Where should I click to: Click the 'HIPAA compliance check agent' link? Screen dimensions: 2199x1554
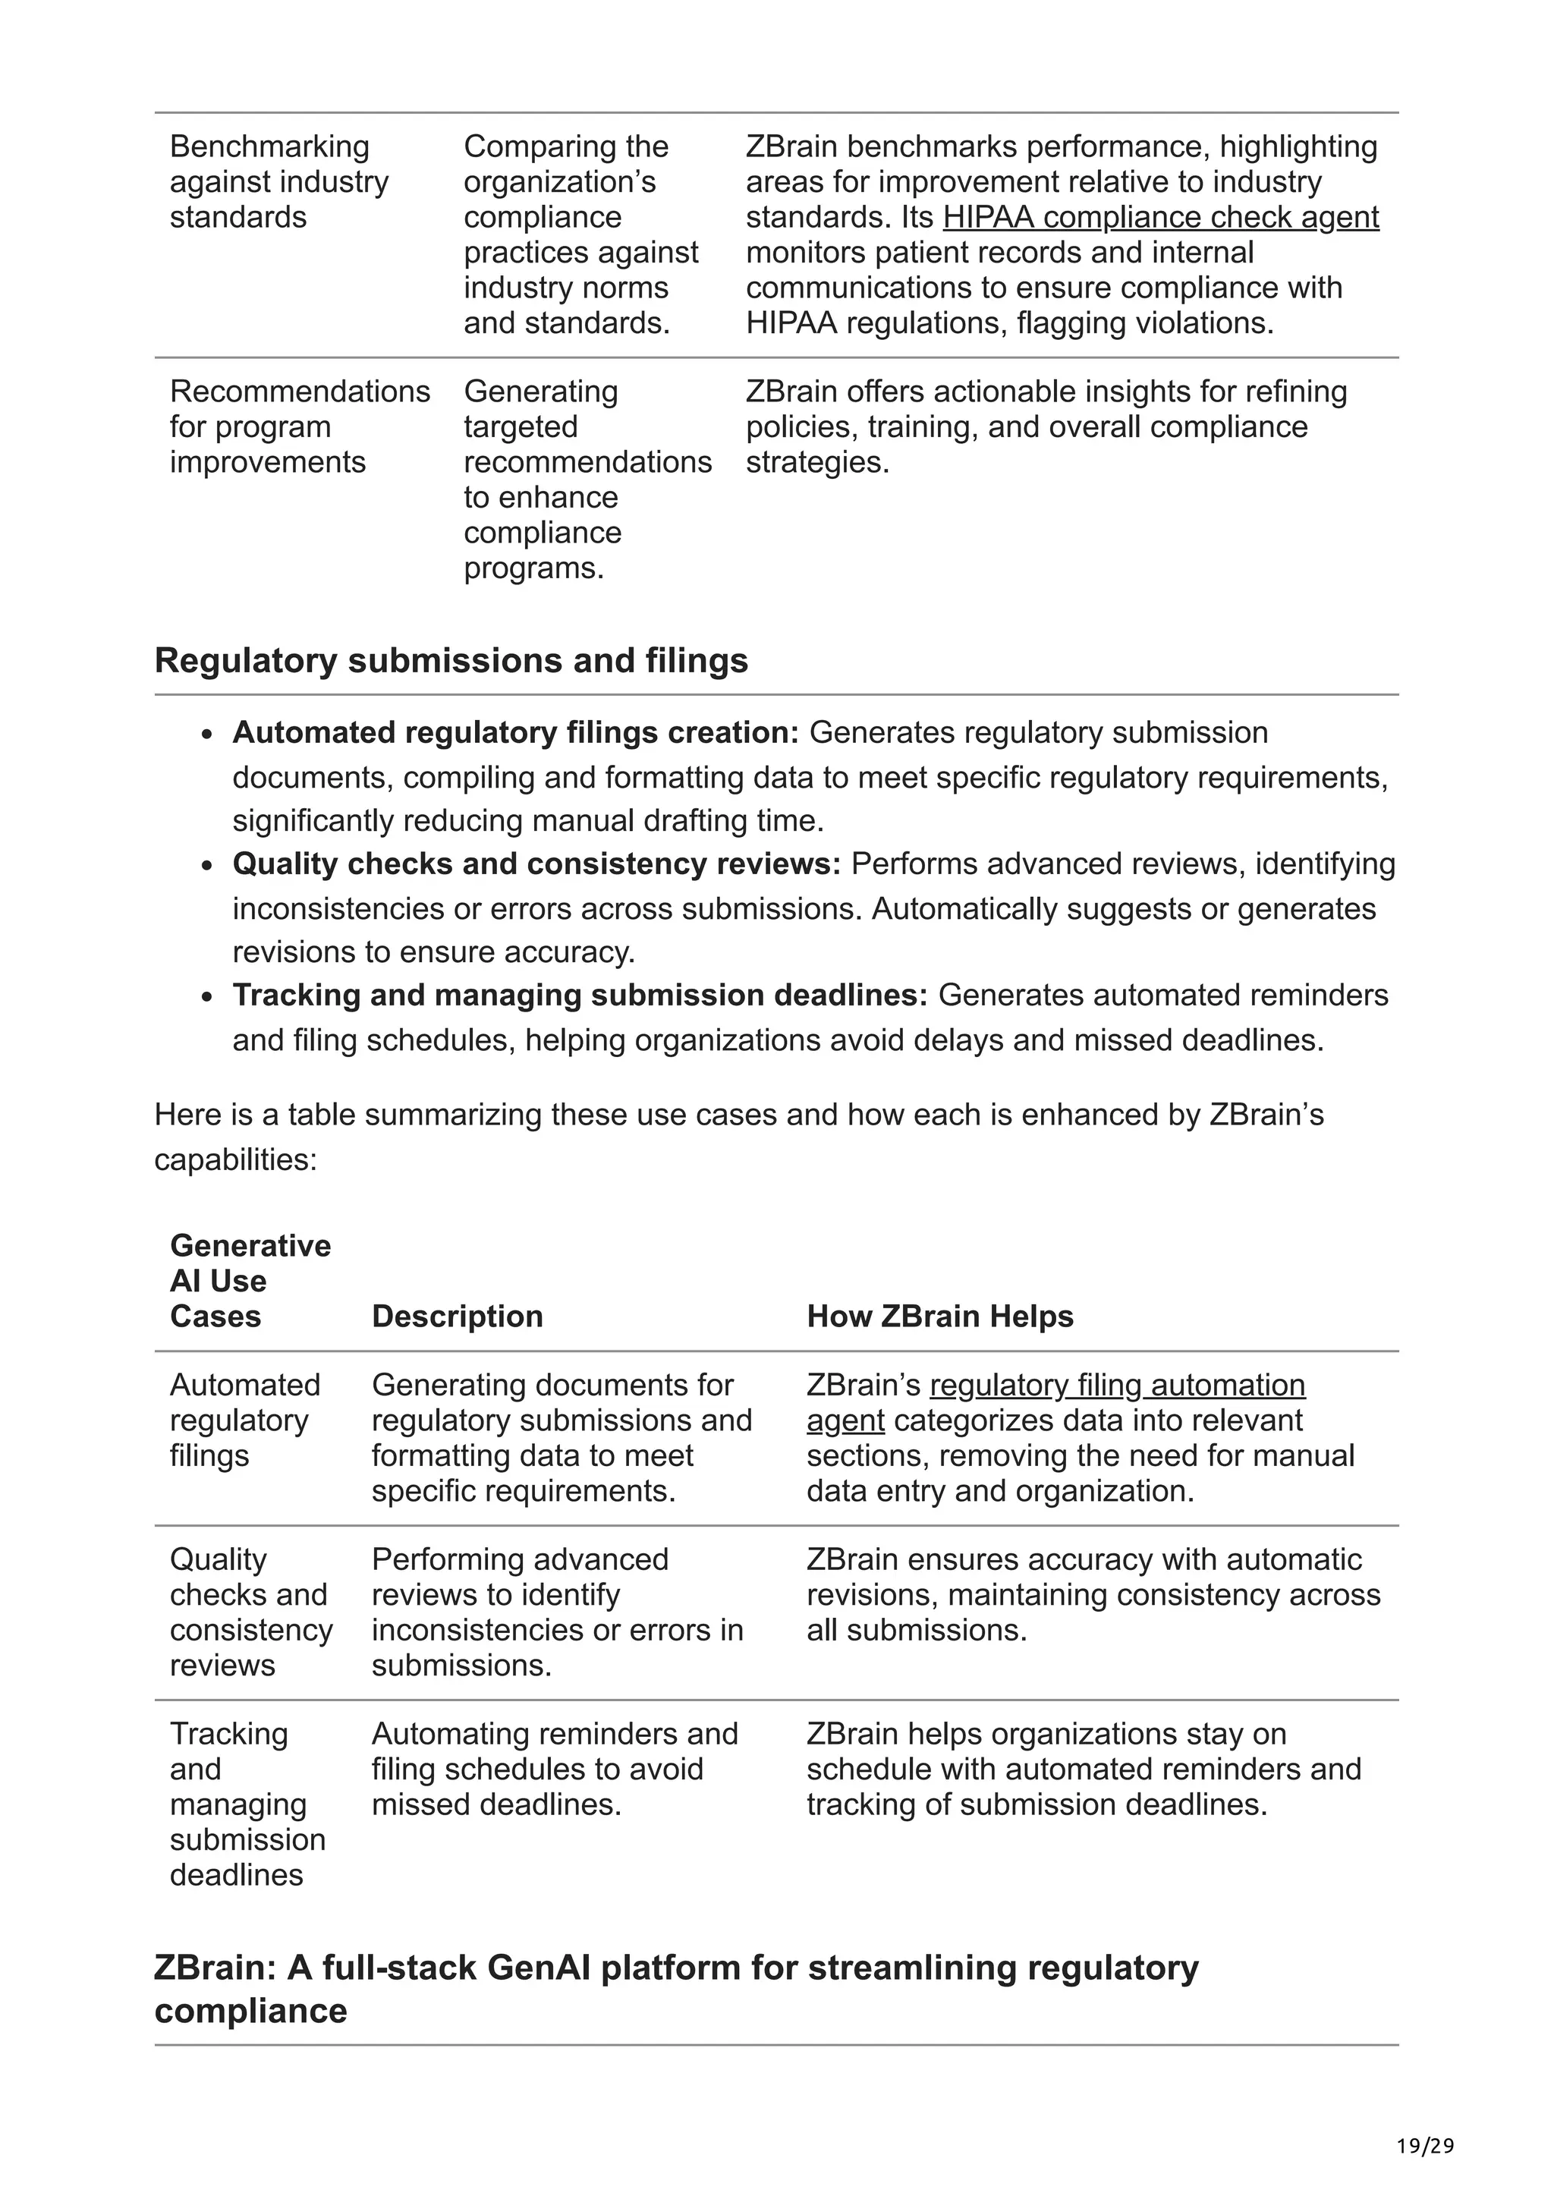[x=1160, y=218]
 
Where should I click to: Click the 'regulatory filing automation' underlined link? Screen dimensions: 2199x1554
[x=1118, y=1385]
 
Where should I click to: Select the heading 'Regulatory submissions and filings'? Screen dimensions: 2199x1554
[x=451, y=661]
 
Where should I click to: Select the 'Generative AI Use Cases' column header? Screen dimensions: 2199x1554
[x=250, y=1281]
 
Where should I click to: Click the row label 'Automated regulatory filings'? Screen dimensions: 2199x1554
[x=245, y=1420]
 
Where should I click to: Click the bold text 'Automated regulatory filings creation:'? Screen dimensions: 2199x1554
[x=515, y=733]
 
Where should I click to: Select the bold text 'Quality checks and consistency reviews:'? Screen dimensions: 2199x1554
[x=536, y=864]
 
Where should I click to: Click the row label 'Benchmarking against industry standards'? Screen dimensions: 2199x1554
[x=278, y=182]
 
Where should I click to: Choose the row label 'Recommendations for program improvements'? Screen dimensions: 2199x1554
[x=299, y=426]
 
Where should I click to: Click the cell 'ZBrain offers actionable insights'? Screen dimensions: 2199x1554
[x=1046, y=426]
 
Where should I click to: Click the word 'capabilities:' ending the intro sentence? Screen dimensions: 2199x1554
[x=235, y=1160]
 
